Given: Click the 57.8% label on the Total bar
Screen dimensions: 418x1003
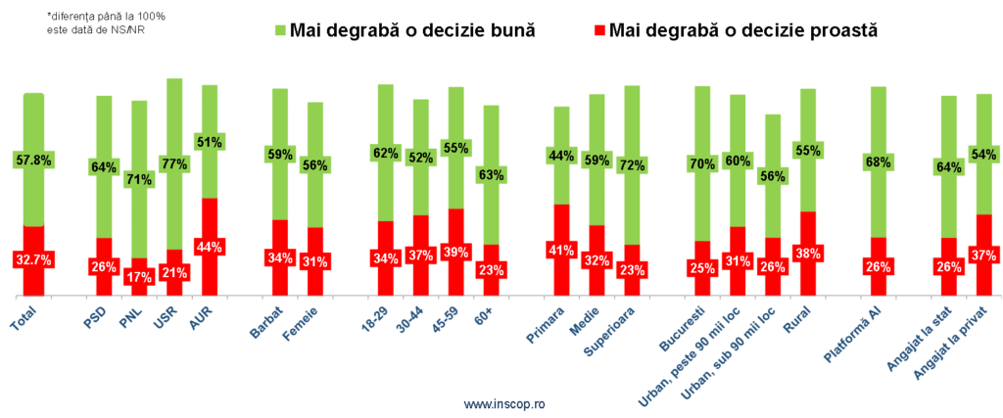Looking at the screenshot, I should pos(34,159).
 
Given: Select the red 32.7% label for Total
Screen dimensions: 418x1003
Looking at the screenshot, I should pos(34,259).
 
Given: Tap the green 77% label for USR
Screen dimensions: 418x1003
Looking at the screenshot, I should pos(174,163).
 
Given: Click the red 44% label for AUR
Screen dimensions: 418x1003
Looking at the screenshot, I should pos(209,248).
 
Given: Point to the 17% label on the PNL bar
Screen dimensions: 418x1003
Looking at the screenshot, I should pos(140,277).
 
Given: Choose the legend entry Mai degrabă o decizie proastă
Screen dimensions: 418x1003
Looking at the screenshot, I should pos(733,30).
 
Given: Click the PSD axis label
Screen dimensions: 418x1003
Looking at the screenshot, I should pos(99,315).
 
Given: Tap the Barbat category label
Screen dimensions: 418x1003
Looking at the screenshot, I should pos(269,322).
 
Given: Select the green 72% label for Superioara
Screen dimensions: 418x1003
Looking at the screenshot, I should pos(632,165).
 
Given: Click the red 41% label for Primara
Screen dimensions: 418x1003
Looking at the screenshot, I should pos(561,250).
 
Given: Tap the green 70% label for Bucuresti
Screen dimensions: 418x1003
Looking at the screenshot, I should pos(701,164).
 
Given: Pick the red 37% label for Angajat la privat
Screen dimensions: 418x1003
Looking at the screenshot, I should pos(983,255).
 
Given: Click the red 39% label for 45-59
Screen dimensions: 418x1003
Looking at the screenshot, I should pos(455,252).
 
